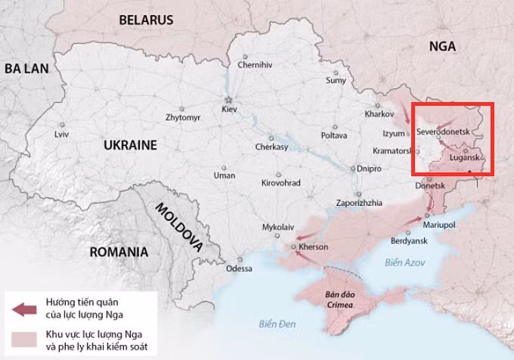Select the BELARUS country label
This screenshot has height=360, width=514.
(145, 20)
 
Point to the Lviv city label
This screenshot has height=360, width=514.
(61, 135)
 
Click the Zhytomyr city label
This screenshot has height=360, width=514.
(183, 118)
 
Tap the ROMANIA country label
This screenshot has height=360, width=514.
(119, 252)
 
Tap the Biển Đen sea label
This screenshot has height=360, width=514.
(276, 324)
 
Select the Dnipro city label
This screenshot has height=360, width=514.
(369, 169)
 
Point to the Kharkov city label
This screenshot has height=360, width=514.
(379, 114)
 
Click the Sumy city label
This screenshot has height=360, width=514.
(336, 80)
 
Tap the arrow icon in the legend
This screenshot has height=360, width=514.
(25, 309)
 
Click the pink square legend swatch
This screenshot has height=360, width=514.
(25, 339)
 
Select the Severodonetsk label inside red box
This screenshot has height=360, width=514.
(443, 132)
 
